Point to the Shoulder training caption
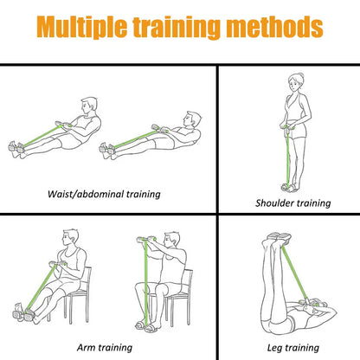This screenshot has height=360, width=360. point(292,203)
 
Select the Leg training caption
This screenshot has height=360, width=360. point(292,347)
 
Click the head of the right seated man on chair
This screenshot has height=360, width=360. point(173,239)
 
